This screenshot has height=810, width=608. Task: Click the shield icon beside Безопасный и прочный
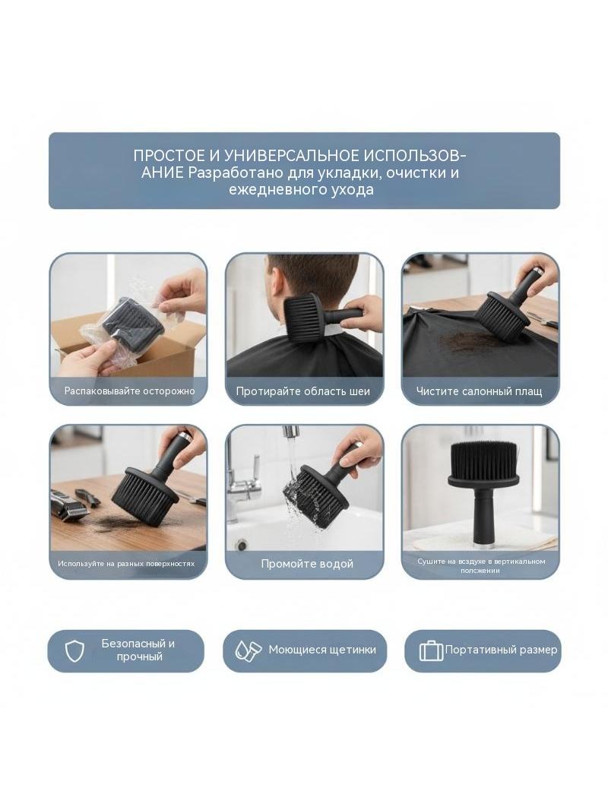tap(75, 651)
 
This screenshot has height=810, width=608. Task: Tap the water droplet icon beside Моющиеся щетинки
tap(248, 650)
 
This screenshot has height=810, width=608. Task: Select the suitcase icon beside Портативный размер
tap(432, 651)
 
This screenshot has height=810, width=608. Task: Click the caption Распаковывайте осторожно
tap(130, 391)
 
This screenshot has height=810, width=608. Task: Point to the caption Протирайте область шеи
tap(303, 391)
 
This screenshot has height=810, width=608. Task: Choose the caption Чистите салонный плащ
tap(480, 391)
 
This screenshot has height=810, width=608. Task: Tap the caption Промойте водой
tap(307, 564)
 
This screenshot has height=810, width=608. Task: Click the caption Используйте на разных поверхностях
tap(127, 564)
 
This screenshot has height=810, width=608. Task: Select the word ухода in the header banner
tap(353, 190)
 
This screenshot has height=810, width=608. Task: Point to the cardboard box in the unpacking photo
tap(129, 342)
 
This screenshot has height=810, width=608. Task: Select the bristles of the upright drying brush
tap(480, 459)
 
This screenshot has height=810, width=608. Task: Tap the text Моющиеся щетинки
tap(322, 650)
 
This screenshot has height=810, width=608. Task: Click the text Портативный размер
tap(501, 650)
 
